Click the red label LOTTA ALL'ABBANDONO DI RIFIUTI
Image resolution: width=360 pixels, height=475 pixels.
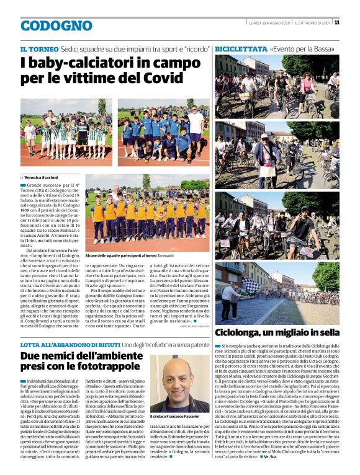coord(69,344)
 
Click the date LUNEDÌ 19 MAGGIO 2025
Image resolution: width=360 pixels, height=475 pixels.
coord(269,23)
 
